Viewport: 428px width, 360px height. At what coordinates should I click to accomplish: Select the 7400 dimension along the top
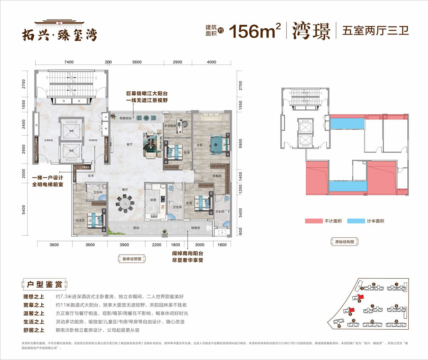point(69,62)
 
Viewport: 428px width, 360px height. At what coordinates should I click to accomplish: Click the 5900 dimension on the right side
point(240,144)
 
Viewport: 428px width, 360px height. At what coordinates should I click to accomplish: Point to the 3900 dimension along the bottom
point(124,245)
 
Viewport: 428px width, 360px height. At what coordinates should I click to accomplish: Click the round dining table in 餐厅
point(124,205)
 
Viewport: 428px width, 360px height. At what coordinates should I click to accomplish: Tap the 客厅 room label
point(129,144)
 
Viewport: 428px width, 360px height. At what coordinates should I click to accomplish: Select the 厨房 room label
point(153,200)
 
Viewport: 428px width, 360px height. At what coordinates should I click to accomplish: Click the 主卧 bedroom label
point(199,145)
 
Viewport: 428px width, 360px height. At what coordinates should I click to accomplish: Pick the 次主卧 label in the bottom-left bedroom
point(80,221)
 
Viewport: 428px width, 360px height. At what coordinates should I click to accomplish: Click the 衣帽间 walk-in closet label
point(217,176)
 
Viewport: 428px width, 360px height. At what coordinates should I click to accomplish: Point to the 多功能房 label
point(170,126)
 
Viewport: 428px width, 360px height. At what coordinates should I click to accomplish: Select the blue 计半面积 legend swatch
point(356,221)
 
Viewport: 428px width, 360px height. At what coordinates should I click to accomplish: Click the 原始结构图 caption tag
point(345,242)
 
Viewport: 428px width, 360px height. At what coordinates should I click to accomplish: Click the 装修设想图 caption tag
point(132,259)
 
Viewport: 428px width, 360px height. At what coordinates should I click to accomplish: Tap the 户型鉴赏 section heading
point(45,284)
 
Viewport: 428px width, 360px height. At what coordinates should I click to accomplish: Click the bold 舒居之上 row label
point(34,330)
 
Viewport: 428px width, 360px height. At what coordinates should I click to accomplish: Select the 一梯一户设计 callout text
point(47,178)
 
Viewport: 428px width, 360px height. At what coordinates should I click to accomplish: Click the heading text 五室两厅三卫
point(375,31)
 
